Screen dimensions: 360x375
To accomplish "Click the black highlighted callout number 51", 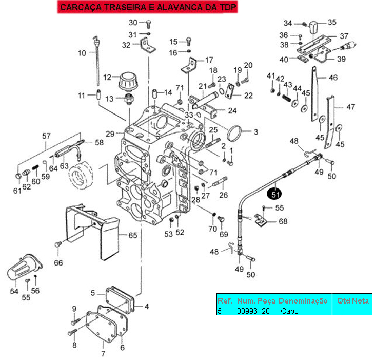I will coord(275,195).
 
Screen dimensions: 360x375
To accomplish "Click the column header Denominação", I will coord(303,300).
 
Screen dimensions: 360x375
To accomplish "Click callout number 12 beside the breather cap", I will coord(107,78).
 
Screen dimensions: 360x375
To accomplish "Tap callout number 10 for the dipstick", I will coord(82,53).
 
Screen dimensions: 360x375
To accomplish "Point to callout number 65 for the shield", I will coord(132,236).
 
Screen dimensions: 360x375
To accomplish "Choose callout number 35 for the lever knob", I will coord(332,22).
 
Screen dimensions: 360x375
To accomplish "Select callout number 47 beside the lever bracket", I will coord(351,107).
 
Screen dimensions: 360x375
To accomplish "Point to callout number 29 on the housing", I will coord(110,134).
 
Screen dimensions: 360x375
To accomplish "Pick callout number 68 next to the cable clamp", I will coord(283,222).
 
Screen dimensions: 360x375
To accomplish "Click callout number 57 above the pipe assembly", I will coord(47,136).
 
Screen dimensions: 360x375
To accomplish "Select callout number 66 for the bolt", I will coord(58,263).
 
